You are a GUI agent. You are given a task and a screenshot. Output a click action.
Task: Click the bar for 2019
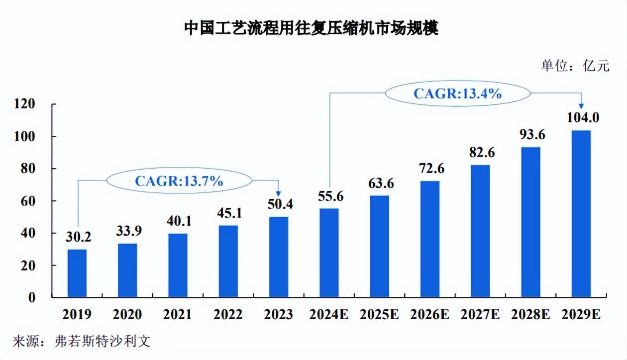77,273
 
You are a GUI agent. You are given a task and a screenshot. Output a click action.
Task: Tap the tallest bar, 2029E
581,214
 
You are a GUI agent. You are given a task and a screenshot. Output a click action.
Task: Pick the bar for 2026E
429,239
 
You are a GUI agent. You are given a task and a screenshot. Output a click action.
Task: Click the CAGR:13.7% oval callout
179,181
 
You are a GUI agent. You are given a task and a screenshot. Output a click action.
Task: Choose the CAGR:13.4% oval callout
457,93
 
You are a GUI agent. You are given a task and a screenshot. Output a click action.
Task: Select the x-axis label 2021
178,315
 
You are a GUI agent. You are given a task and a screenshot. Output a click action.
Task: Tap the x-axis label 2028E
530,315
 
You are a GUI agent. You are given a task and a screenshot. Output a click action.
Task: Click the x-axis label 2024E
329,315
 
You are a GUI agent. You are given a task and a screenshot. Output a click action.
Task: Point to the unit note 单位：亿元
575,66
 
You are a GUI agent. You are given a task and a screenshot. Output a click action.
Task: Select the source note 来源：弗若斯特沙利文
81,342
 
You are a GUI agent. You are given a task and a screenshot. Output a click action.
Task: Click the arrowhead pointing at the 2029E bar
581,105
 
